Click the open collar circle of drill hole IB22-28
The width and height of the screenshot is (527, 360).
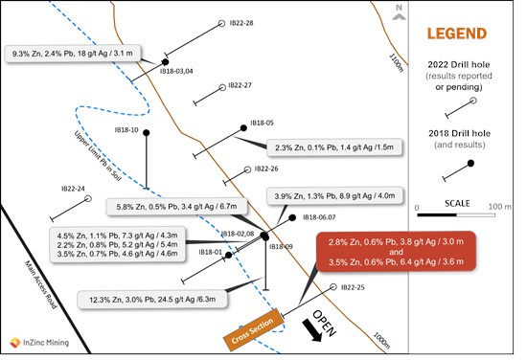(221, 23)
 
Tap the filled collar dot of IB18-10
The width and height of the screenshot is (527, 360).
(147, 133)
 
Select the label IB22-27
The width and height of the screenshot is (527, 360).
(240, 85)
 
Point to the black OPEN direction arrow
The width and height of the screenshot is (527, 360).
(312, 330)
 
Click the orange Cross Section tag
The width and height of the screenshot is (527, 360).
(253, 329)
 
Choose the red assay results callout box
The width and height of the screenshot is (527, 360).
(396, 252)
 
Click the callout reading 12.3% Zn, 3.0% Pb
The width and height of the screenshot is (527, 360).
(152, 300)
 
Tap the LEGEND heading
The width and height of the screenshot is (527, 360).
(457, 34)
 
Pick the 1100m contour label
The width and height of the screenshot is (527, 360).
(396, 62)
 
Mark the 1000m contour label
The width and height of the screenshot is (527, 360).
(381, 341)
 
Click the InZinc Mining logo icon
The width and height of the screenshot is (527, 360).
(15, 343)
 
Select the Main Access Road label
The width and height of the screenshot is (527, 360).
(40, 284)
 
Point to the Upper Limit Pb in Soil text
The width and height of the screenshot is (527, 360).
(98, 155)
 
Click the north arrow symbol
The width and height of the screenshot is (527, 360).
(399, 12)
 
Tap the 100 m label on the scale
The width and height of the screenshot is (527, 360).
(500, 207)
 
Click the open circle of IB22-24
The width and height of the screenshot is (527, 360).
(88, 198)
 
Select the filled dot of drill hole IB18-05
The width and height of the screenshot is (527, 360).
(243, 128)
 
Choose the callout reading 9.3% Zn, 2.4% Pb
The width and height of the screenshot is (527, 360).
(73, 54)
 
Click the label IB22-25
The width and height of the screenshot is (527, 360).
(353, 287)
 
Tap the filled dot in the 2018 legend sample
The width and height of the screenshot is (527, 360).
(470, 163)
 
